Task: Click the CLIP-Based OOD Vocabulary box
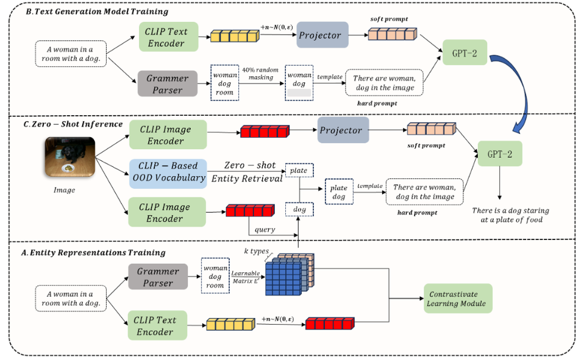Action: point(168,171)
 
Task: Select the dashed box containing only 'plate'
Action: point(298,171)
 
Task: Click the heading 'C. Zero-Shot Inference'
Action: point(73,124)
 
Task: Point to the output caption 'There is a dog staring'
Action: point(510,211)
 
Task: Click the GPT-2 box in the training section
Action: point(465,53)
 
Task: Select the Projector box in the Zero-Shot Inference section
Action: point(343,130)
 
